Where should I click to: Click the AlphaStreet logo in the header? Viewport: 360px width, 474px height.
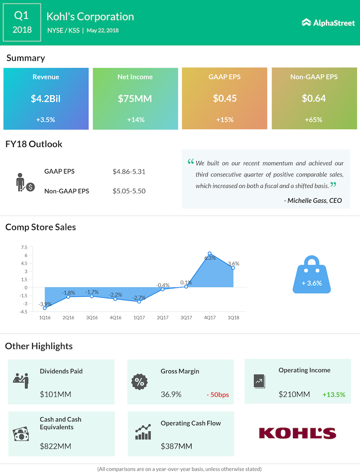[x=328, y=22]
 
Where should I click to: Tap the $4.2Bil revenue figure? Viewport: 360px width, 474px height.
[x=46, y=99]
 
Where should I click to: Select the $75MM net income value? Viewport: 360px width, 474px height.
[x=135, y=99]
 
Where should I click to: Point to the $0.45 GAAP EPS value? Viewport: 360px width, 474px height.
[x=224, y=99]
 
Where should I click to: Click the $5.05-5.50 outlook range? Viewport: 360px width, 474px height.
[x=129, y=191]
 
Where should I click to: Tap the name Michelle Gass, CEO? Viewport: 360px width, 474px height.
[x=315, y=200]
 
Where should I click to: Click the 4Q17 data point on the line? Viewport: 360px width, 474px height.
[x=210, y=254]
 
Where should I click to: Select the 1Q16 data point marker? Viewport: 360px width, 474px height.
[x=44, y=308]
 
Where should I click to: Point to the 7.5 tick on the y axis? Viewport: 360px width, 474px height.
[x=24, y=247]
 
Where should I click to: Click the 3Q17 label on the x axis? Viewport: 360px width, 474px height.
[x=186, y=318]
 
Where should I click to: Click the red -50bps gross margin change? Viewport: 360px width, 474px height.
[x=217, y=395]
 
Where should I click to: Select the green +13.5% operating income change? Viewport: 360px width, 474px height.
[x=334, y=395]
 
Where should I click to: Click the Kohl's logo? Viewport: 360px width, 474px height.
[x=298, y=433]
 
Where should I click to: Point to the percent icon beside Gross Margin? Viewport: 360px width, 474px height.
[x=139, y=382]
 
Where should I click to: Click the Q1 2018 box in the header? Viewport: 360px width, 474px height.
[x=22, y=22]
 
